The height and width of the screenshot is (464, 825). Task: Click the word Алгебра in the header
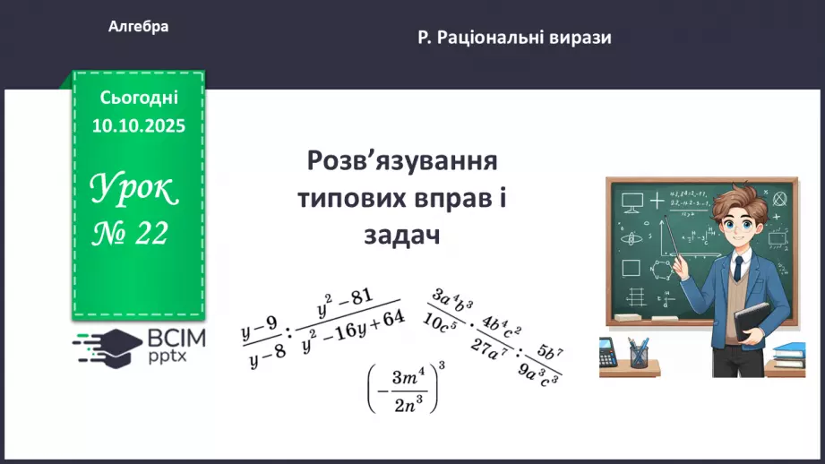[x=138, y=27]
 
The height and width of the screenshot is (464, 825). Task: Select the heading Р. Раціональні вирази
[x=514, y=38]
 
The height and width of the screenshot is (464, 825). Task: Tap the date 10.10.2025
[x=138, y=126]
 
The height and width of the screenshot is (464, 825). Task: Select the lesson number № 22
[x=131, y=234]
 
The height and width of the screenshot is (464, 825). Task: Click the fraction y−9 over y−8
[x=263, y=344]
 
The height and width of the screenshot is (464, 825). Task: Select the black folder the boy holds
[x=753, y=322]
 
